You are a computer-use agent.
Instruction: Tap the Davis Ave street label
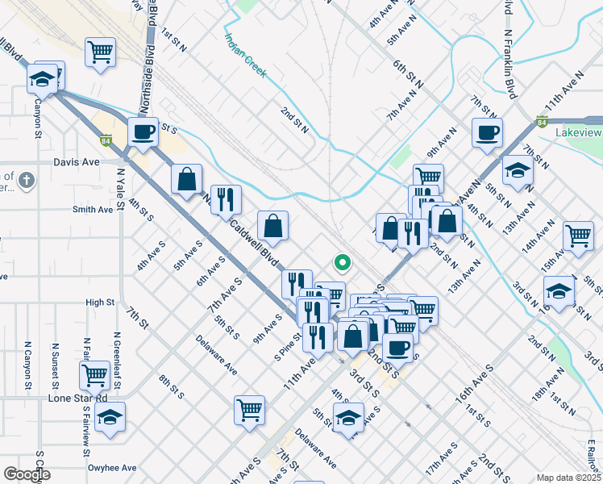pyautogui.click(x=76, y=161)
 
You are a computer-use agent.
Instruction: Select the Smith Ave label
pyautogui.click(x=93, y=209)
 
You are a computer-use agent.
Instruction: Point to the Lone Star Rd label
pyautogui.click(x=77, y=398)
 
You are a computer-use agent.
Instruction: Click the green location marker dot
pyautogui.click(x=342, y=261)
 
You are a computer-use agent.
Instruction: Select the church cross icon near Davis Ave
pyautogui.click(x=27, y=178)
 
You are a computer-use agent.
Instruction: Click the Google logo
pyautogui.click(x=27, y=474)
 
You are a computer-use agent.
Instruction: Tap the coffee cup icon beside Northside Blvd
pyautogui.click(x=144, y=131)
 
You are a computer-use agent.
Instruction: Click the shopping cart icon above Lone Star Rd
pyautogui.click(x=95, y=374)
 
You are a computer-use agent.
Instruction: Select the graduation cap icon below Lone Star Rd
pyautogui.click(x=110, y=416)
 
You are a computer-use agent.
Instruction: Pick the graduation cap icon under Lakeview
pyautogui.click(x=518, y=170)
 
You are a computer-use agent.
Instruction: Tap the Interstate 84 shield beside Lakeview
pyautogui.click(x=542, y=123)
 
